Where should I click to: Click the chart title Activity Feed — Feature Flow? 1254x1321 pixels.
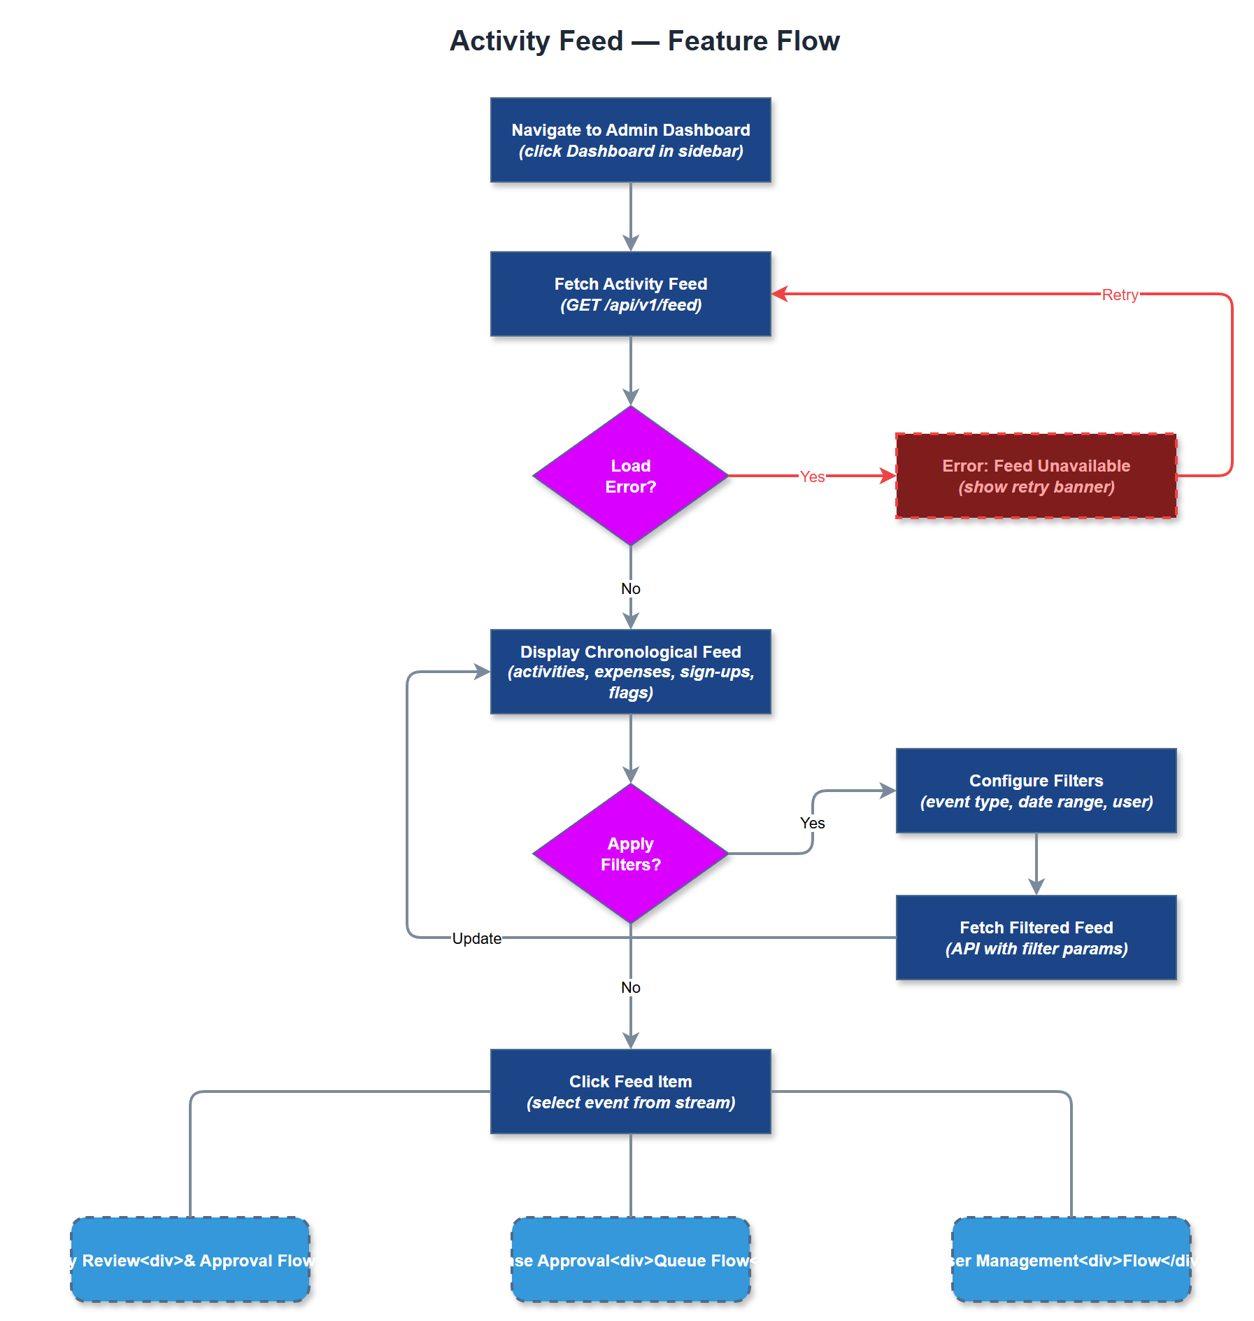[x=644, y=41]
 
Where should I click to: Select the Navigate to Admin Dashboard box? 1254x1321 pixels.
[x=630, y=140]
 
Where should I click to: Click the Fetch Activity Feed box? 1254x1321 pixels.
[x=630, y=294]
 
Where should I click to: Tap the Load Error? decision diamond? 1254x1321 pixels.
[x=630, y=476]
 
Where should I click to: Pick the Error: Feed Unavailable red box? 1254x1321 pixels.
[x=1035, y=476]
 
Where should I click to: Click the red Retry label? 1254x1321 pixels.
[x=1119, y=295]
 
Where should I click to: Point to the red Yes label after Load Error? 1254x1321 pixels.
[x=812, y=476]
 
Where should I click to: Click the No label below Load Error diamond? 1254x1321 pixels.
[x=630, y=588]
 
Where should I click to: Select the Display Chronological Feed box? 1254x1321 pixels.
[x=630, y=672]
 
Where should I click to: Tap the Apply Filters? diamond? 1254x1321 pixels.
[x=630, y=854]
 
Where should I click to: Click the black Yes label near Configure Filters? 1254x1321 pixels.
[x=812, y=823]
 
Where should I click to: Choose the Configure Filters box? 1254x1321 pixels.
[x=1035, y=791]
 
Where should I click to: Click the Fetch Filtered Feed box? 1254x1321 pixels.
[x=1035, y=938]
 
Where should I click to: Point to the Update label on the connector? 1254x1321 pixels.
[x=476, y=938]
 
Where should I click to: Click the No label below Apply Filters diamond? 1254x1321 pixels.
[x=630, y=987]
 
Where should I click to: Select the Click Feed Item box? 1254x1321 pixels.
[x=630, y=1092]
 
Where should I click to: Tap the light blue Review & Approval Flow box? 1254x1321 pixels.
[x=190, y=1259]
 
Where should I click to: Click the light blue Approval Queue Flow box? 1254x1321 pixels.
[x=630, y=1259]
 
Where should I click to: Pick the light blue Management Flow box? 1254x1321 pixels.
[x=1071, y=1259]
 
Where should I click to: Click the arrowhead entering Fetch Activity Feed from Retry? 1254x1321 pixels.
[x=779, y=294]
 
